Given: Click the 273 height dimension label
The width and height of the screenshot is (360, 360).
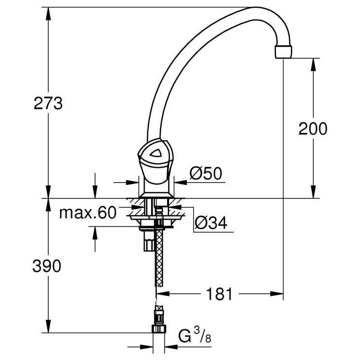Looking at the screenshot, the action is point(48,103).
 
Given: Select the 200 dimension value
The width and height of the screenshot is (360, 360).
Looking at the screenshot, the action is point(313,129).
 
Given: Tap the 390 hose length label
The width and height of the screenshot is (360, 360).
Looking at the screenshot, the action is point(47,266).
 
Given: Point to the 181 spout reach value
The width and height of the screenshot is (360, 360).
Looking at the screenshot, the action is point(219,294).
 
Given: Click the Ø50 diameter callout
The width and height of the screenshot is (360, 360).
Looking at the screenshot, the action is point(206,174).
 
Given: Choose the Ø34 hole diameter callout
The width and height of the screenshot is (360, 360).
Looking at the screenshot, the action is point(211,223).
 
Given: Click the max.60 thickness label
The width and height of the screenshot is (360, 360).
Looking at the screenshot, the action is point(88,213).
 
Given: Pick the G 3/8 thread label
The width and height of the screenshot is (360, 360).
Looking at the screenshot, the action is point(195,336).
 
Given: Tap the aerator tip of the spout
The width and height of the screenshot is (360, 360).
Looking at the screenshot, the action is point(283,52).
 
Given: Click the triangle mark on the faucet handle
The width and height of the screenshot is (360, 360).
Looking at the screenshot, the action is point(156,153).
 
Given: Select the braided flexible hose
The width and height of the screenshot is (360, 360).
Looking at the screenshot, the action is point(159,258).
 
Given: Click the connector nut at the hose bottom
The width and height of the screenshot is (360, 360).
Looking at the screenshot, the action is point(159,329).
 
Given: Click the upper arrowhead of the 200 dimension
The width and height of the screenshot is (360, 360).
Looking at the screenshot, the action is point(314,66).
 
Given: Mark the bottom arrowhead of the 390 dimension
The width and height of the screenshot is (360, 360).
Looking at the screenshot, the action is point(48,326).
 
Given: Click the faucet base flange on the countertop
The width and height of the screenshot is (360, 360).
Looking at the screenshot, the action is point(156,195).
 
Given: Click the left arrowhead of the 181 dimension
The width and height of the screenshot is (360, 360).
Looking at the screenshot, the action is point(163,294).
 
